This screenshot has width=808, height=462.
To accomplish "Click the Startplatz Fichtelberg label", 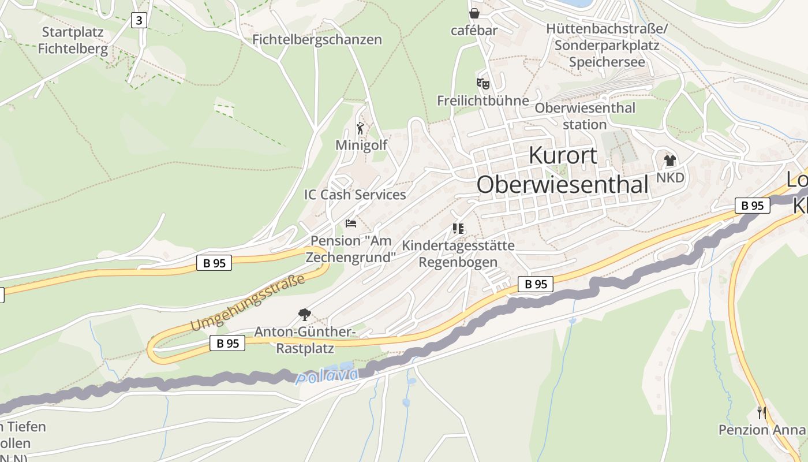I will pyautogui.click(x=73, y=40).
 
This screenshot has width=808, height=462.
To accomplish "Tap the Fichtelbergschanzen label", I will pyautogui.click(x=317, y=40).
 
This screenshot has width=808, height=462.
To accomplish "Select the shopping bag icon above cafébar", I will pyautogui.click(x=474, y=13).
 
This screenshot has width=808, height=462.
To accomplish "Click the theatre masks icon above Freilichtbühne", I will pyautogui.click(x=482, y=84).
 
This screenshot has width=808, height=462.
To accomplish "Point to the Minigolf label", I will pyautogui.click(x=361, y=145).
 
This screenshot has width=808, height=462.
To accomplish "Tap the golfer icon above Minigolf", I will pyautogui.click(x=361, y=128).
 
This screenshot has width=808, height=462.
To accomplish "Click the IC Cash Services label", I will pyautogui.click(x=355, y=195).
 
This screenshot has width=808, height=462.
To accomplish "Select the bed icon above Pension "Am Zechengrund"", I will pyautogui.click(x=351, y=223).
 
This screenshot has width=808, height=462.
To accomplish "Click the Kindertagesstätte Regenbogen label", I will pyautogui.click(x=458, y=254).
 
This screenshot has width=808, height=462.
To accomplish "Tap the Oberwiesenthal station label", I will pyautogui.click(x=585, y=116).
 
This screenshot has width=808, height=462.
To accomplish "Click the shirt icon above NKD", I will pyautogui.click(x=669, y=161).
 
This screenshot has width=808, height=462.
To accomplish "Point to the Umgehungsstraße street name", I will pyautogui.click(x=248, y=304).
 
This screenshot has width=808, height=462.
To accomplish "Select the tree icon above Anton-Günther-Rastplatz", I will pyautogui.click(x=304, y=315).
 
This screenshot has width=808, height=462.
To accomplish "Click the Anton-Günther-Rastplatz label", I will pyautogui.click(x=304, y=340).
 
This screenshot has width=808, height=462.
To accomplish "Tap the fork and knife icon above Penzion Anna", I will pyautogui.click(x=762, y=412).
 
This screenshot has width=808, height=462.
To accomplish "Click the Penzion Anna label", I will pyautogui.click(x=761, y=430).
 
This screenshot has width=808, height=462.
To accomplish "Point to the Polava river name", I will pyautogui.click(x=327, y=376).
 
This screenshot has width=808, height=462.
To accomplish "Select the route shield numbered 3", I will pyautogui.click(x=139, y=20).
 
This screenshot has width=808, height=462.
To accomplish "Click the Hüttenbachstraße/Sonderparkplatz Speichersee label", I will pyautogui.click(x=607, y=45).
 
